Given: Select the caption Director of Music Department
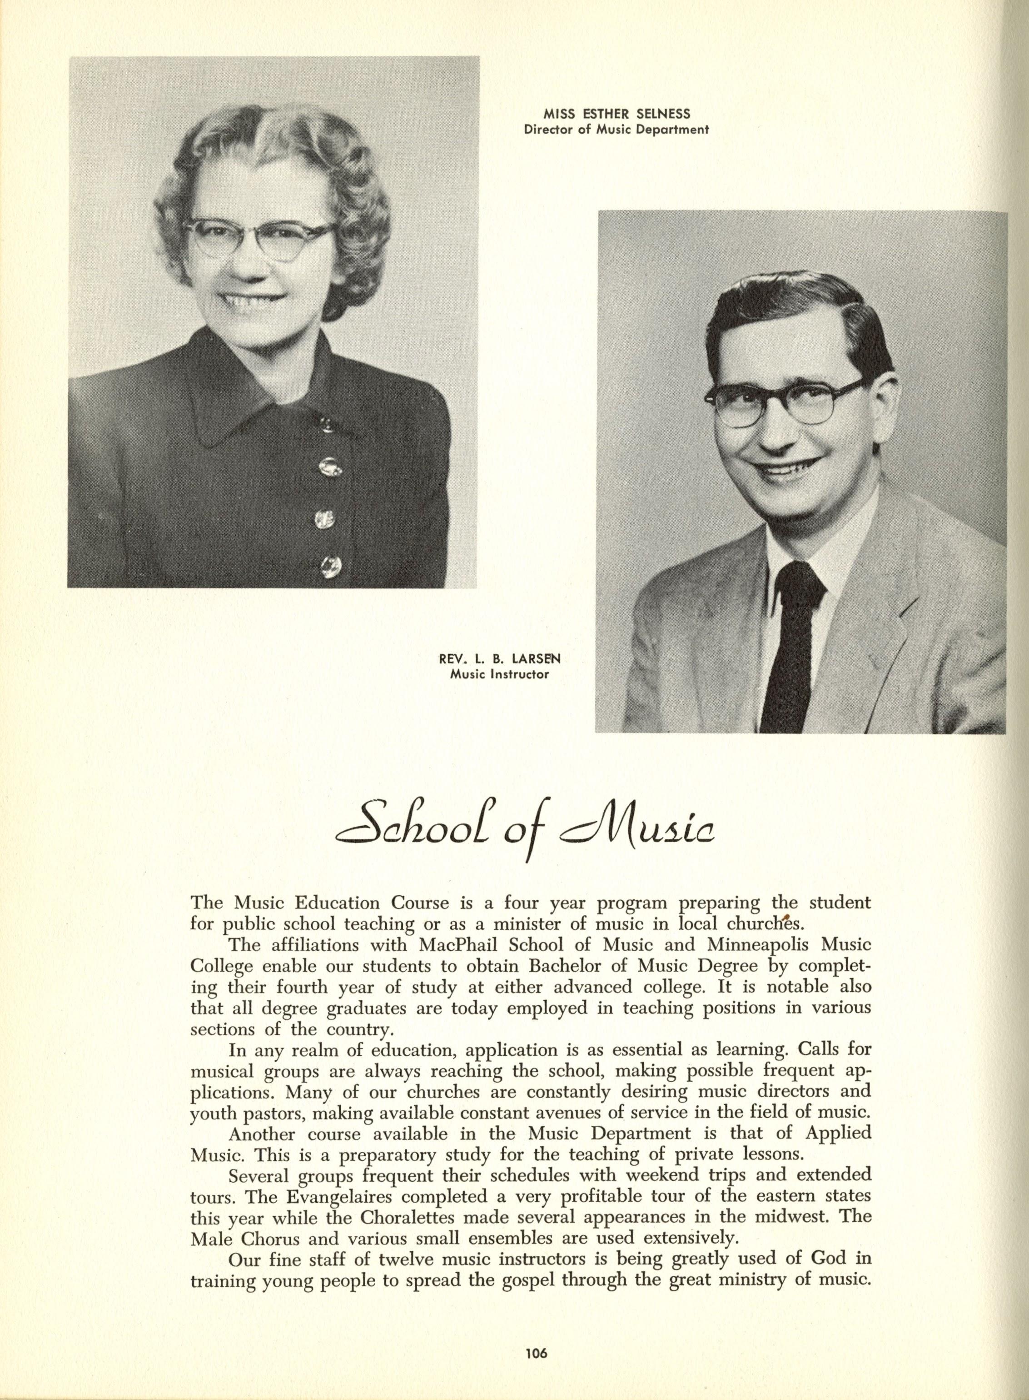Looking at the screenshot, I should pos(616,130).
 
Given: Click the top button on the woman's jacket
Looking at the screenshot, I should pos(326,425).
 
